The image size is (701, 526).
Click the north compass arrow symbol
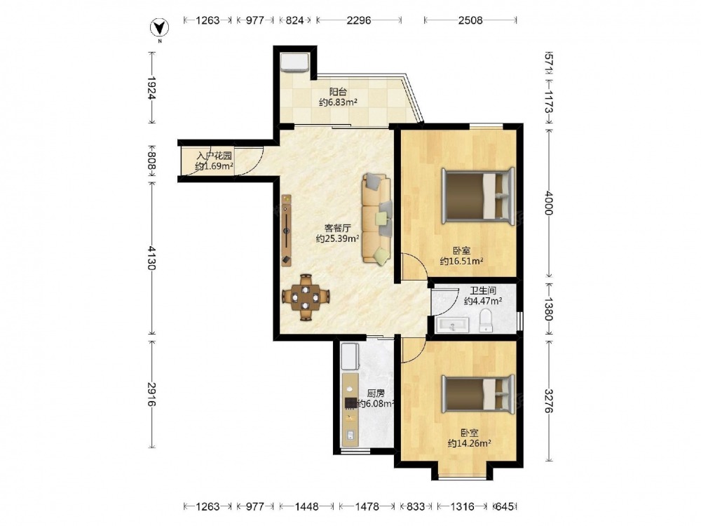click(158, 29)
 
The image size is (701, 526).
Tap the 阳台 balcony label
click(338, 92)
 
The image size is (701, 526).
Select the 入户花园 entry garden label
click(215, 156)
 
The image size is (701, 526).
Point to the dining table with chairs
click(306, 297)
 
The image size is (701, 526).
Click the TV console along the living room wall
click(287, 229)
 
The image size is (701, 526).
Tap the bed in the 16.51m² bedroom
click(478, 196)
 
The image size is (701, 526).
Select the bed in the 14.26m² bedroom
click(478, 394)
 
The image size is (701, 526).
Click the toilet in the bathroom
click(486, 321)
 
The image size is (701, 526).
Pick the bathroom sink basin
click(451, 325)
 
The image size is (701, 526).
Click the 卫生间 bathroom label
click(483, 291)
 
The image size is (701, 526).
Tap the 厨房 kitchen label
click(376, 393)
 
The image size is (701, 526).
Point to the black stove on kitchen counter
click(350, 403)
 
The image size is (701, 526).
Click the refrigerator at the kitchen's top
click(350, 356)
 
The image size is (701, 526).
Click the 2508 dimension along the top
click(470, 20)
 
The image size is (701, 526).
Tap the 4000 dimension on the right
click(550, 203)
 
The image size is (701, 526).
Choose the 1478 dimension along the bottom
click(367, 506)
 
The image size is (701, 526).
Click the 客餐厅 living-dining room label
click(338, 228)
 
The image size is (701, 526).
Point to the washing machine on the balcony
click(294, 62)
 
